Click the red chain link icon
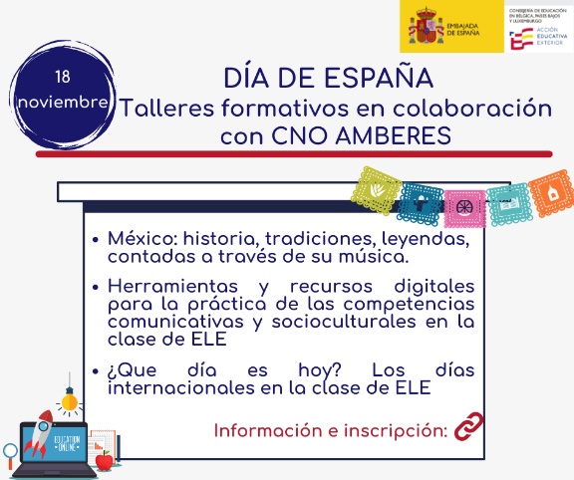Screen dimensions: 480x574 click(x=468, y=429)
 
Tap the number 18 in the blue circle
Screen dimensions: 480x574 click(x=63, y=77)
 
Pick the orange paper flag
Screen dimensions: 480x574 click(x=549, y=194)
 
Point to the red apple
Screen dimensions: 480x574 click(x=104, y=459)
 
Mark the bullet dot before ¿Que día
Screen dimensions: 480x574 click(x=94, y=370)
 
